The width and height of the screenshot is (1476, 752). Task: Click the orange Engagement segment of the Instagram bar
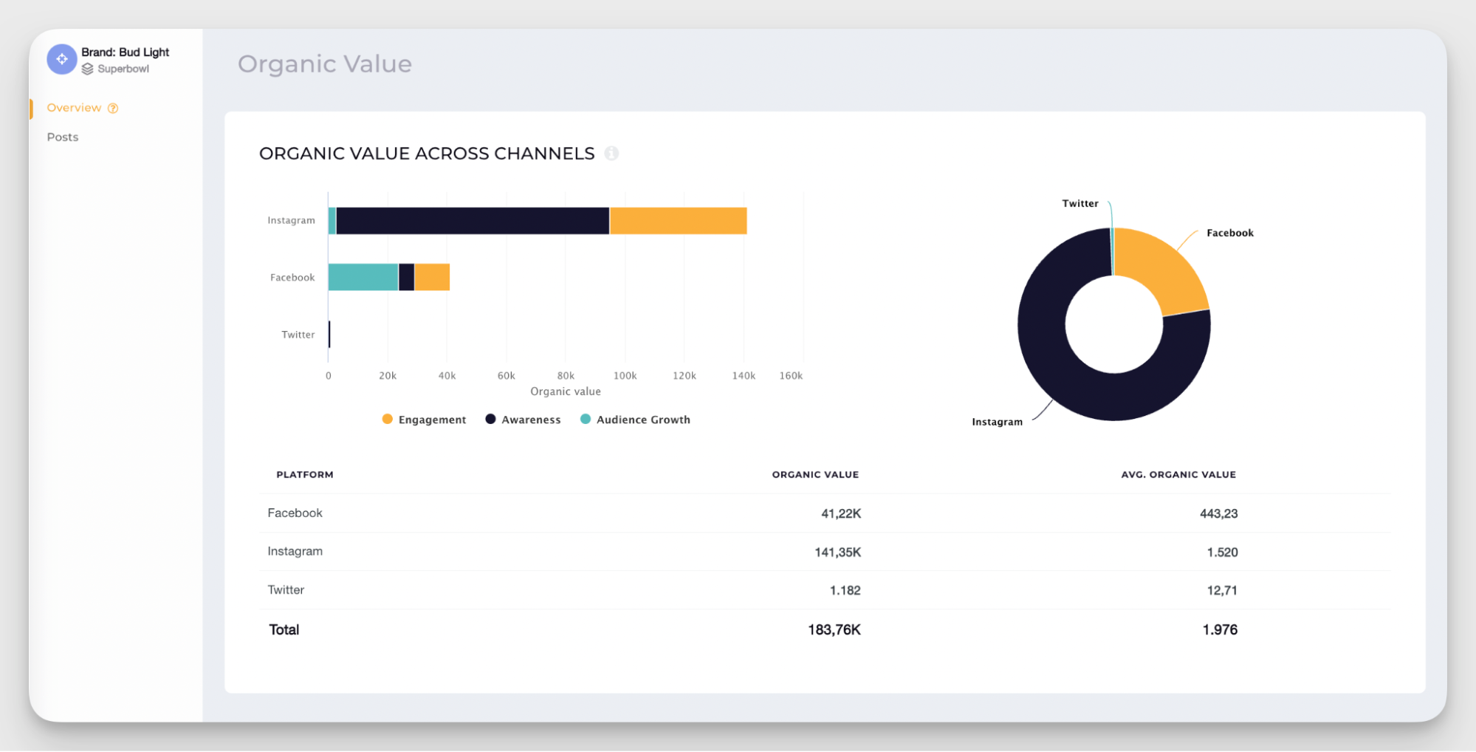coord(678,221)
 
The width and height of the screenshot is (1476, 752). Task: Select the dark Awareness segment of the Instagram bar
coord(473,221)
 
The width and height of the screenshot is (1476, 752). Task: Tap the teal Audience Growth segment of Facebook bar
coord(363,277)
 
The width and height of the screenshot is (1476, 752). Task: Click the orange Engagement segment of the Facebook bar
coord(432,277)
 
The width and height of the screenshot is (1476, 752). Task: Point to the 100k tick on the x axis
coord(625,376)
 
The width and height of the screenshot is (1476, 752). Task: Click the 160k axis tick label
coord(791,376)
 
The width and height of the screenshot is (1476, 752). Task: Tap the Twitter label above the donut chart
coord(1079,204)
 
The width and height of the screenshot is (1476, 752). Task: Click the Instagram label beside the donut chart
coord(997,422)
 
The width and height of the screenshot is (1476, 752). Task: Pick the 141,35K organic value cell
coord(837,552)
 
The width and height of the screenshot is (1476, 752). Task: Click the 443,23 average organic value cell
coord(1218,513)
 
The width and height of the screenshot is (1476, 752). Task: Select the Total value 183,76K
coord(834,629)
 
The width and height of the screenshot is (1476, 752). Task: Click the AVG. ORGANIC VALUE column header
coord(1178,474)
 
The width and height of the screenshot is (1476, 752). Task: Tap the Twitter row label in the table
coord(286,589)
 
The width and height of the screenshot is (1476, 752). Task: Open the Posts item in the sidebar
coord(63,137)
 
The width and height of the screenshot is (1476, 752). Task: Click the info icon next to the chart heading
coord(611,154)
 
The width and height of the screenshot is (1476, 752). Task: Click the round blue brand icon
coord(62,59)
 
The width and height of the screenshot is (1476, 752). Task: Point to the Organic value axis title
coord(566,392)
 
